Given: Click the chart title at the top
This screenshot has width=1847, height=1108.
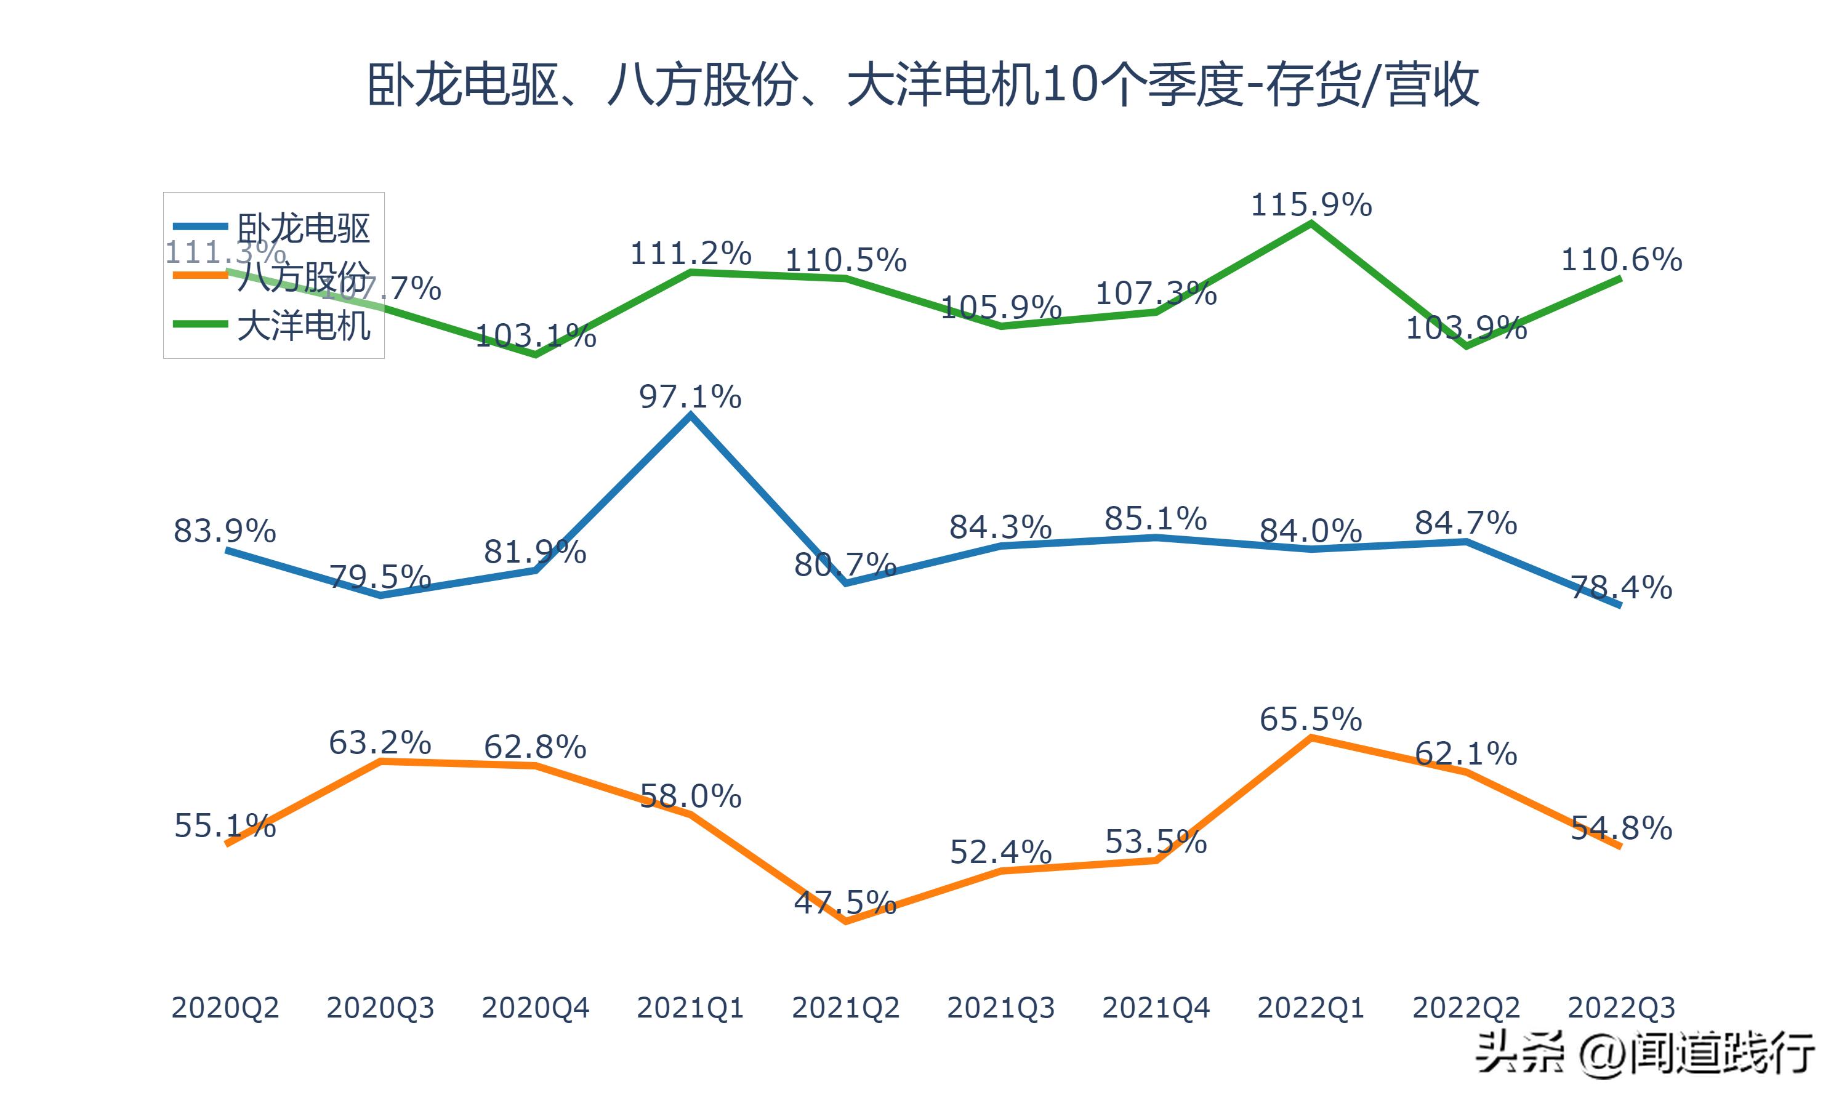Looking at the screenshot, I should pyautogui.click(x=923, y=85).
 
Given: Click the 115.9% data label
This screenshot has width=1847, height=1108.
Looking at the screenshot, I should pyautogui.click(x=1311, y=204).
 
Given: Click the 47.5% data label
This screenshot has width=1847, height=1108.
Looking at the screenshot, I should pyautogui.click(x=845, y=902).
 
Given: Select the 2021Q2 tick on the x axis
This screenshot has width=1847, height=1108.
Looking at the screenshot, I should pyautogui.click(x=845, y=1008).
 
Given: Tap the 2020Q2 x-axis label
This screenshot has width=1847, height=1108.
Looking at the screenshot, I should pyautogui.click(x=225, y=1008).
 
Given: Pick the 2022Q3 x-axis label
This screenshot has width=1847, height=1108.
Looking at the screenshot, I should pyautogui.click(x=1621, y=1008).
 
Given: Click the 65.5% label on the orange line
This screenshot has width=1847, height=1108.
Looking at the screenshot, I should pyautogui.click(x=1311, y=719).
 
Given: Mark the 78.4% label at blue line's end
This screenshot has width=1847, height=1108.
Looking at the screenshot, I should pyautogui.click(x=1621, y=588).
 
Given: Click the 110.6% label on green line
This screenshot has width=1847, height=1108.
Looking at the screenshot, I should pyautogui.click(x=1622, y=260).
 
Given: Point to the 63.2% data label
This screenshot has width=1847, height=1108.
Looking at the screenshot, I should pyautogui.click(x=380, y=742).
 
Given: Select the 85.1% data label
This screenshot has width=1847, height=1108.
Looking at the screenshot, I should pyautogui.click(x=1156, y=518).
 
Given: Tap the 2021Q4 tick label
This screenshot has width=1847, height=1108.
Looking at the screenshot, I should pyautogui.click(x=1156, y=1008).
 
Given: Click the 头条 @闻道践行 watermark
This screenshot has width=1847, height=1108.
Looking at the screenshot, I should pyautogui.click(x=1646, y=1053).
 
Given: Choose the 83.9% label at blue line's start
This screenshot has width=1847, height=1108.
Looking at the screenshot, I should pyautogui.click(x=225, y=531).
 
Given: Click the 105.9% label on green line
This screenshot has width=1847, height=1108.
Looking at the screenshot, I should pyautogui.click(x=1000, y=308).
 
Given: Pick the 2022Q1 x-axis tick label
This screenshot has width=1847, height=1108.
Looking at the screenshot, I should pyautogui.click(x=1311, y=1008).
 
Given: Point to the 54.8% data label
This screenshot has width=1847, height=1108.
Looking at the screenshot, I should pyautogui.click(x=1621, y=828).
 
